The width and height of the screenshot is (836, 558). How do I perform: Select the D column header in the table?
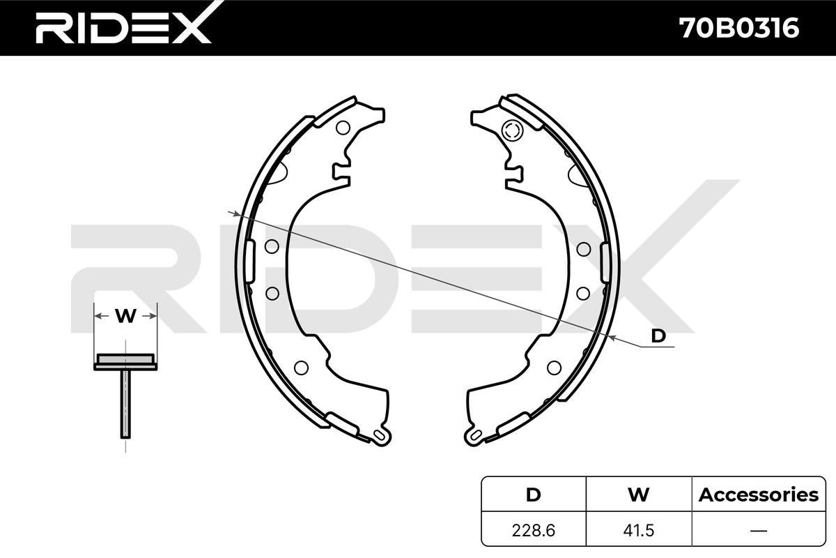pos(533,495)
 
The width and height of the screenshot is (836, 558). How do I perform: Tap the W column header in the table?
pos(638,495)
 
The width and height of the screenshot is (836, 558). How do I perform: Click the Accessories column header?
pos(759,495)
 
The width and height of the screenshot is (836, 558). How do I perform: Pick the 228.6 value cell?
pos(534,530)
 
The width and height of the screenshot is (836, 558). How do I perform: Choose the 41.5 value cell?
pos(639,530)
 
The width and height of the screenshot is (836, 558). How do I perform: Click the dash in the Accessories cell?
pos(759,530)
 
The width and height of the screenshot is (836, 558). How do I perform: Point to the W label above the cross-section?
pos(125,316)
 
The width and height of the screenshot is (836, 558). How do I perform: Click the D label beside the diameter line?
pos(658,335)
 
